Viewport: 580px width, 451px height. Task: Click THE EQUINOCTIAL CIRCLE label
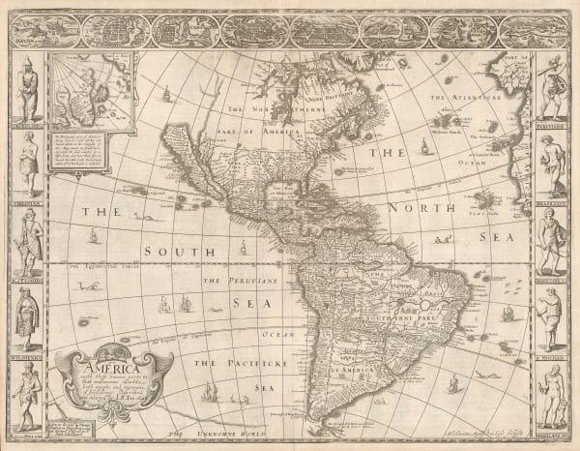pos(106,265)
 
